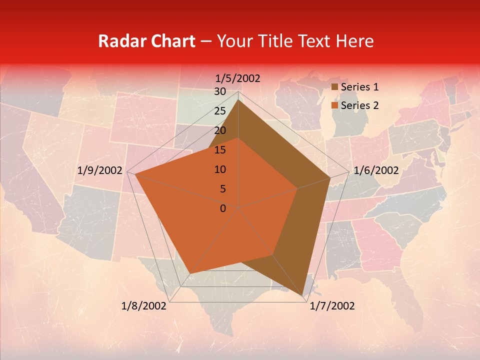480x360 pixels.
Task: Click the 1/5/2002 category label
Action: tap(238, 78)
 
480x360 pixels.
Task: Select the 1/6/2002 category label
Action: tap(376, 170)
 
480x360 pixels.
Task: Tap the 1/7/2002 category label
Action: tap(332, 306)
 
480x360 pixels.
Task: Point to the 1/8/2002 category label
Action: tap(144, 306)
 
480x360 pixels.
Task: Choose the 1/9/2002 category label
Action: tap(100, 170)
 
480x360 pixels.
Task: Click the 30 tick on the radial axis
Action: tap(219, 91)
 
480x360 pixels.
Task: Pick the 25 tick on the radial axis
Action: tap(219, 111)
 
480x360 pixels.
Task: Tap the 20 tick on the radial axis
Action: tap(219, 130)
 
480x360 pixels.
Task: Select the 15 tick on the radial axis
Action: tap(219, 150)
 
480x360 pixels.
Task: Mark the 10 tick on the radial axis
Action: tap(219, 169)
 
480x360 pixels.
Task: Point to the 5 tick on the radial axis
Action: tap(222, 189)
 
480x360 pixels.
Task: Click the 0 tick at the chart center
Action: tap(222, 208)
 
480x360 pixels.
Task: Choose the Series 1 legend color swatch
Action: tap(335, 87)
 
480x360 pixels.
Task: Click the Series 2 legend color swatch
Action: tap(335, 105)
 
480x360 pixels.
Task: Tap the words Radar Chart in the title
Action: tap(146, 41)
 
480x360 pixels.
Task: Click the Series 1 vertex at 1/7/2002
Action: tap(303, 296)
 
